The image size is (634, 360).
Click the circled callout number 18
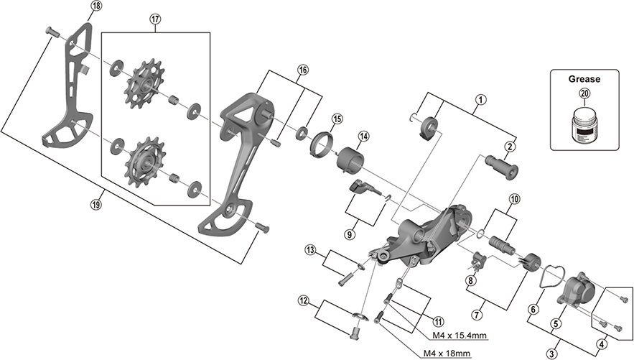click(96, 6)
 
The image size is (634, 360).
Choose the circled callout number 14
click(363, 137)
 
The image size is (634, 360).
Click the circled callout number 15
click(337, 119)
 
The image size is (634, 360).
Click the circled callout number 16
click(302, 70)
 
